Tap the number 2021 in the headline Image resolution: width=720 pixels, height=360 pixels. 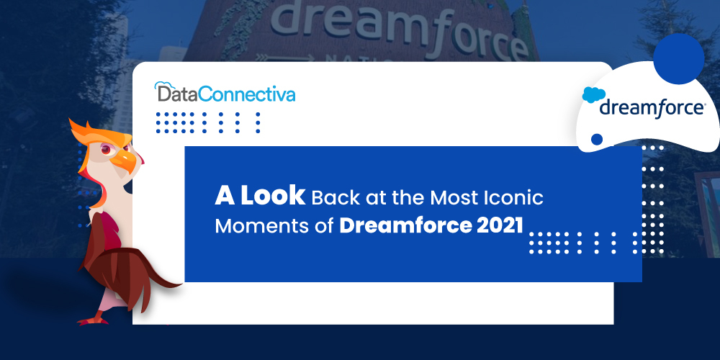(x=500, y=225)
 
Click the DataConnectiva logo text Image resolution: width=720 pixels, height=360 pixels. (x=225, y=94)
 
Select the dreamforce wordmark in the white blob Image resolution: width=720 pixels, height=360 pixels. (x=652, y=109)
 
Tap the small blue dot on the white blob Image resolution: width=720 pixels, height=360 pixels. (x=596, y=139)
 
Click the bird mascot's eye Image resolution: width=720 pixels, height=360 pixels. (x=108, y=149)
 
